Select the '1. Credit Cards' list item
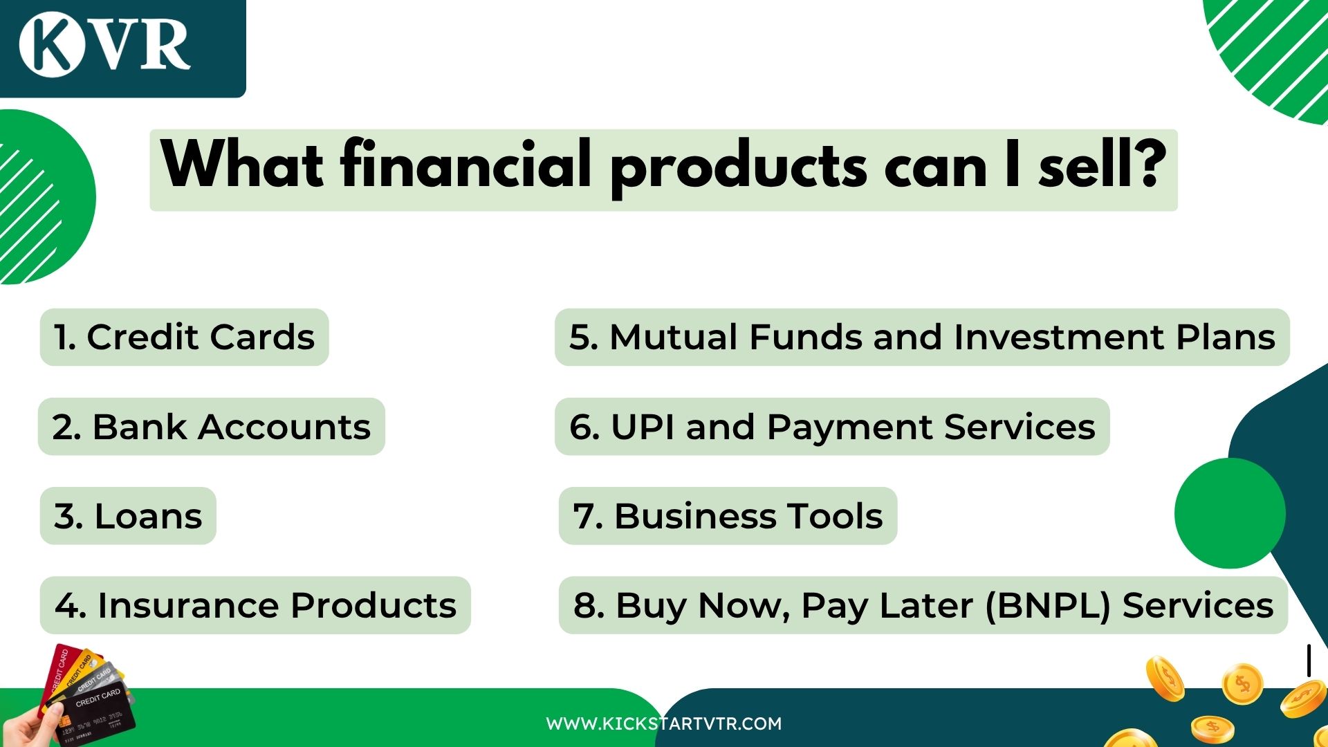184,338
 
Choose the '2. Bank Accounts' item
211,427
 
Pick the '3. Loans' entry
128,516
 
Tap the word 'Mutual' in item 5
673,338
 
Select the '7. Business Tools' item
728,516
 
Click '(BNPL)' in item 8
1047,605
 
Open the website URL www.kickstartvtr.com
663,723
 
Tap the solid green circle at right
1229,513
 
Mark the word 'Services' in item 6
1020,427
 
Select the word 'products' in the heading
737,166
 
